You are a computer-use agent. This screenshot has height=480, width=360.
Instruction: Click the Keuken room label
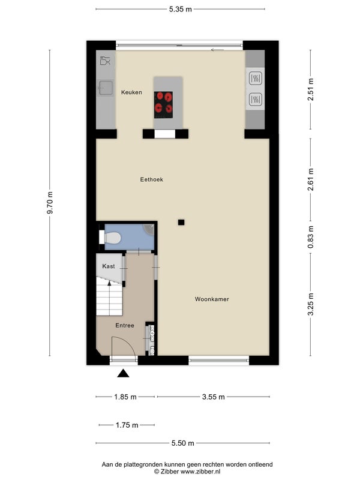131,92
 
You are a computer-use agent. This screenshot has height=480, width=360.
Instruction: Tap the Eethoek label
152,179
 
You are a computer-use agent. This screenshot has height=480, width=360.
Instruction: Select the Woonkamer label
212,299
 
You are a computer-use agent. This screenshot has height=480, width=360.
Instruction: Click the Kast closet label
109,266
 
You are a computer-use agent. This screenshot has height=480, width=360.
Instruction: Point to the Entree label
125,325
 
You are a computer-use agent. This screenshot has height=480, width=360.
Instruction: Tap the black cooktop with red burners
163,104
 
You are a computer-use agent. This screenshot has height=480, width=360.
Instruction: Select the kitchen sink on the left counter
106,88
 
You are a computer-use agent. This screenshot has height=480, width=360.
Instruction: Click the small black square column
181,222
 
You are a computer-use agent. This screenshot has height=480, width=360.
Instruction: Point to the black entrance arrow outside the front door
123,373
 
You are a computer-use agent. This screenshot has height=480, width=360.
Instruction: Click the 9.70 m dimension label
50,203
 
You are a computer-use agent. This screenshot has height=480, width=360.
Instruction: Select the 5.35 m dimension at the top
181,9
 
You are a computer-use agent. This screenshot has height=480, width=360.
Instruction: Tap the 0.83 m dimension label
311,237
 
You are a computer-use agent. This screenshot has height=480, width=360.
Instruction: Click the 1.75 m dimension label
127,425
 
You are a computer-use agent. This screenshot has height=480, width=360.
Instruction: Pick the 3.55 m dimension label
214,397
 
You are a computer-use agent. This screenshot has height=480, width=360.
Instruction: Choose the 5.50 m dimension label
183,443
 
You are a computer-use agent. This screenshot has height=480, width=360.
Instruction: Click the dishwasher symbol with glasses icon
105,61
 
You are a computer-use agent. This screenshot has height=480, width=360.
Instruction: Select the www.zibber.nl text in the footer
200,472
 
